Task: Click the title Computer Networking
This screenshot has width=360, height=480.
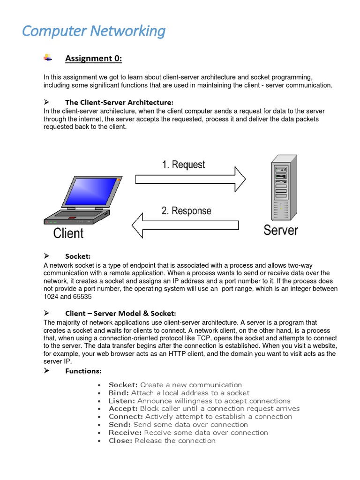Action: click(94, 31)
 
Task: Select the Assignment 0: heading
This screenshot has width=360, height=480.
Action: click(93, 58)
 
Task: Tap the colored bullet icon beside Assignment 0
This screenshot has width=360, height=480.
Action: click(48, 58)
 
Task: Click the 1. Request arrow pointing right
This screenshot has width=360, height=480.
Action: click(190, 179)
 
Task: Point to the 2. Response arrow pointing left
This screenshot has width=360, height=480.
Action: click(185, 225)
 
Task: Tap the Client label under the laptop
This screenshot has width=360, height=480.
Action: click(68, 233)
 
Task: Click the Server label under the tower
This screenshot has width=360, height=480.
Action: click(280, 230)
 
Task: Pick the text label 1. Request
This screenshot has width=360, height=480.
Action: click(183, 165)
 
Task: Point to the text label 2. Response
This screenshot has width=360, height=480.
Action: click(186, 211)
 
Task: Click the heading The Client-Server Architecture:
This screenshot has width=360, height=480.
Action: click(119, 102)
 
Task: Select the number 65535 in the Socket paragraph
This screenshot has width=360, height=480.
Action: click(81, 297)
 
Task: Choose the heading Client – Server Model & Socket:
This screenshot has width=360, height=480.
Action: click(120, 313)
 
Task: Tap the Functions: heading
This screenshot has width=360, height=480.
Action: click(83, 371)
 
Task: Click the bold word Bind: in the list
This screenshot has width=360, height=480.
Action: click(119, 393)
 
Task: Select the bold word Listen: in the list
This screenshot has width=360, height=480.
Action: click(122, 401)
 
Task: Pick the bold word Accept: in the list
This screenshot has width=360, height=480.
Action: click(123, 409)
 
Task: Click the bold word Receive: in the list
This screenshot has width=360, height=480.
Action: click(125, 433)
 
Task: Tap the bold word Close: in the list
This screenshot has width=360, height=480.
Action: click(120, 441)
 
